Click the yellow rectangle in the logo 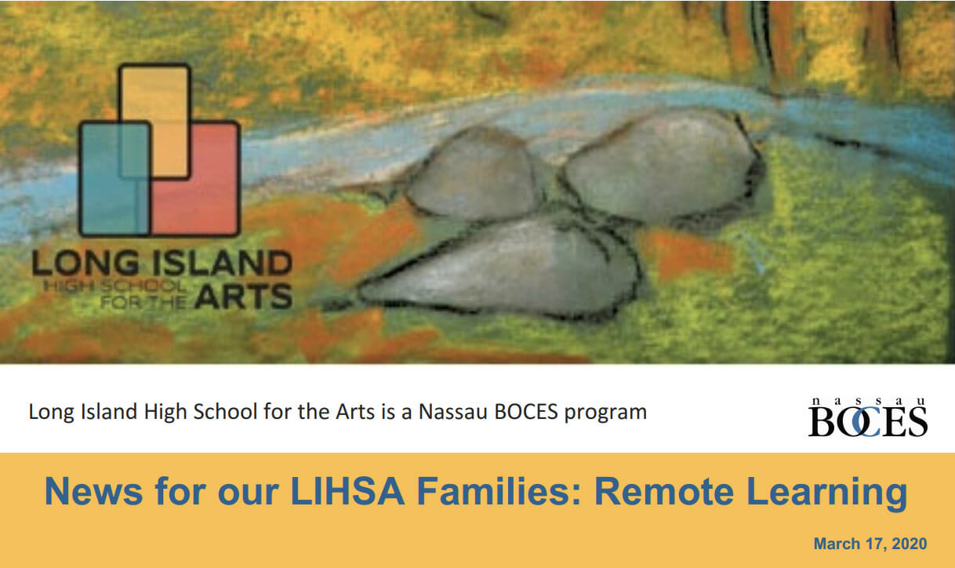pyautogui.click(x=154, y=94)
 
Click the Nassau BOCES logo pyautogui.click(x=867, y=417)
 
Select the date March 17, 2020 pyautogui.click(x=870, y=544)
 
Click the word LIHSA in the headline pyautogui.click(x=349, y=492)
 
